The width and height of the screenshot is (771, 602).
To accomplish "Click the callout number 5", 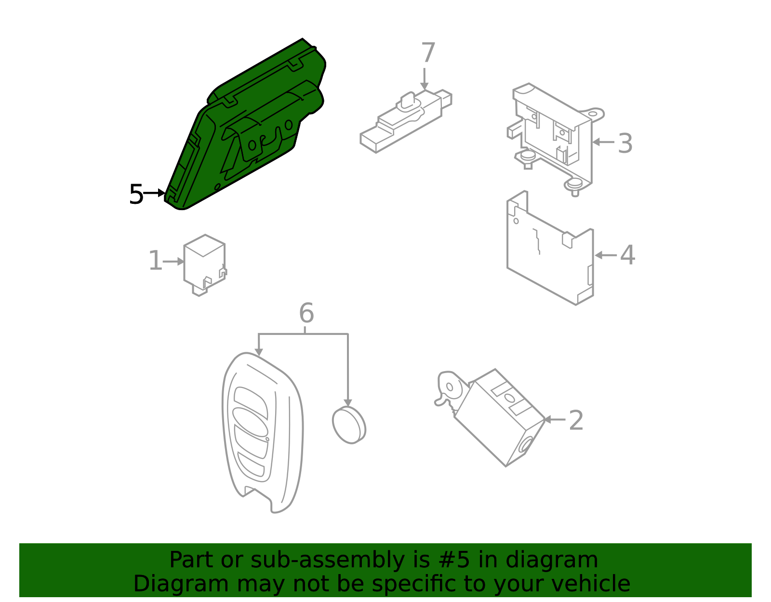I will pos(136,195).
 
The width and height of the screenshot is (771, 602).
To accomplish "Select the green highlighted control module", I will pos(246,130).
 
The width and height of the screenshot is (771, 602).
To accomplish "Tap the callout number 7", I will pos(428,53).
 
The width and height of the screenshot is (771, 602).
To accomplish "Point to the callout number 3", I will pos(625,144).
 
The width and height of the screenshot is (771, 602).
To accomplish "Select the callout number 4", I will pos(627,255).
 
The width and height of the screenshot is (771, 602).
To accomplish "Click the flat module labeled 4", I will pos(549,255).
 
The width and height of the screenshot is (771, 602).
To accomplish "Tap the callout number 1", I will pos(155,261).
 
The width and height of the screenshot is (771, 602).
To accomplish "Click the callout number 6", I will pos(306,313).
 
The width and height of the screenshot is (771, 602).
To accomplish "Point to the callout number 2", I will pos(576,421).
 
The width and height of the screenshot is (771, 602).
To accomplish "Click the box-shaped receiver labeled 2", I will pos(501,419).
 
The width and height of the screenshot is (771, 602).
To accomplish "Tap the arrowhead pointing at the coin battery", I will pos(347,403).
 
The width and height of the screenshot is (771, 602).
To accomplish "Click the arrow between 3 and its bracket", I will pos(602,142).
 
